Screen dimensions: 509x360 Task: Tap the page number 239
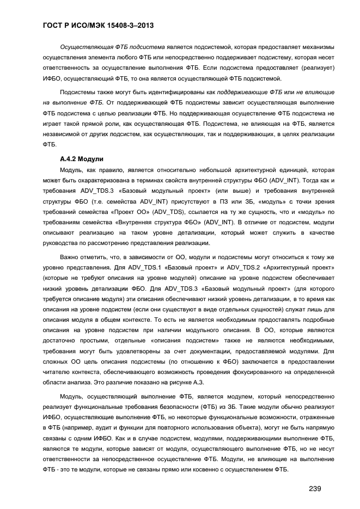point(315,488)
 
